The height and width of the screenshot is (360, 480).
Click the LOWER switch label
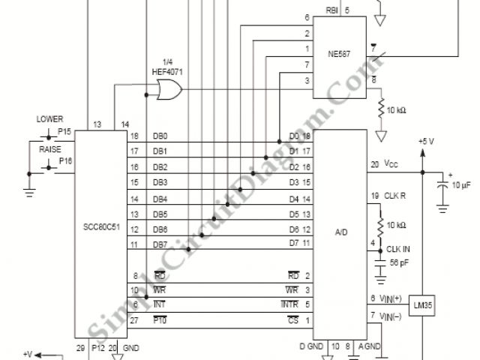49,118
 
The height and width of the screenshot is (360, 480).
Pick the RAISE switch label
49,149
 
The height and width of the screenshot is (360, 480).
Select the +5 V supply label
425,141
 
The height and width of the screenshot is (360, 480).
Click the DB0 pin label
160,136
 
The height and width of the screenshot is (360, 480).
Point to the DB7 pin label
160,245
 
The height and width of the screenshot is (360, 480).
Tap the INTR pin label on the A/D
290,304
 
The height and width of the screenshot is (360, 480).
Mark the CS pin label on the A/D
294,320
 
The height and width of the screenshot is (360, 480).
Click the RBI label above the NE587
332,10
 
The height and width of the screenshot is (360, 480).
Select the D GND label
312,346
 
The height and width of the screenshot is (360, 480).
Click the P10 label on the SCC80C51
159,320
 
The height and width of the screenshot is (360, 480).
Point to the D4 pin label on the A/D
294,199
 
